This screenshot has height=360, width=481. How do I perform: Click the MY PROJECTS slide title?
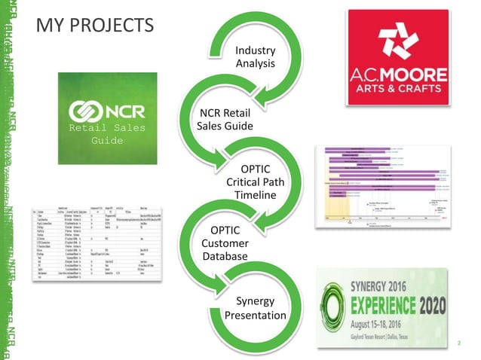(x=94, y=26)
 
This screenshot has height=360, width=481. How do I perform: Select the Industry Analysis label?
(x=255, y=56)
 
